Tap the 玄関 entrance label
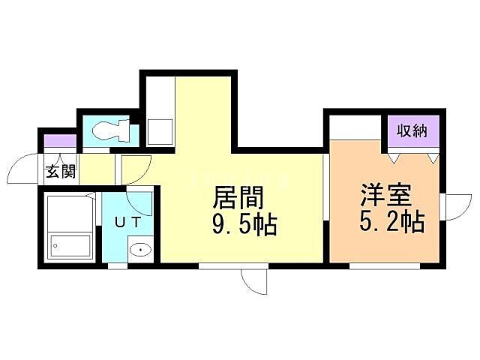coord(60,171)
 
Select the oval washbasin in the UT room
coord(139,250)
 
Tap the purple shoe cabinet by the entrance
coord(60,140)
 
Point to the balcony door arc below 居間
coord(255,282)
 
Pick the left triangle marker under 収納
coord(394,157)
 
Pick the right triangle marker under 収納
coord(433,157)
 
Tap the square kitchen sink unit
coord(160,131)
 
